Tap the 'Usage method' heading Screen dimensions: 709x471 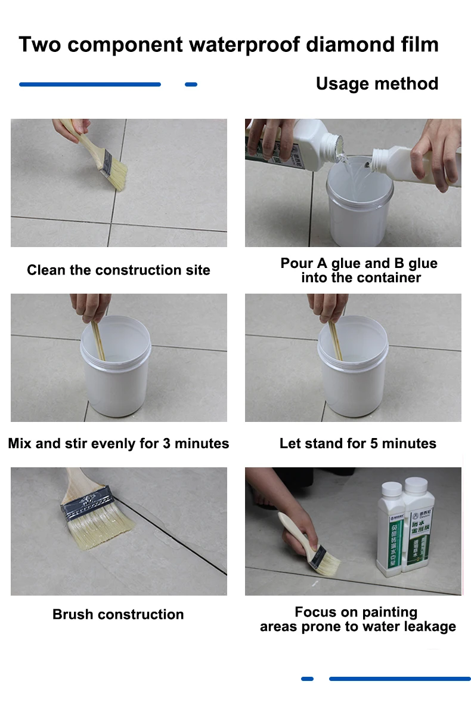coord(377,84)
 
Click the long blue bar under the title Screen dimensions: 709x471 coord(90,85)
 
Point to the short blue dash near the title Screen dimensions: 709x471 coord(191,85)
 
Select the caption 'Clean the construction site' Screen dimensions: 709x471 coord(119,270)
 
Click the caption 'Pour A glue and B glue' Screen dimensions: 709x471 coord(359,263)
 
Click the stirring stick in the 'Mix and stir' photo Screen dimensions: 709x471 coord(98,340)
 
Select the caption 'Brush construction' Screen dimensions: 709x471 coord(118,614)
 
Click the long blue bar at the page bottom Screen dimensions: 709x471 coord(399,679)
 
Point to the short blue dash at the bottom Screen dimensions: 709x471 coord(307,679)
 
